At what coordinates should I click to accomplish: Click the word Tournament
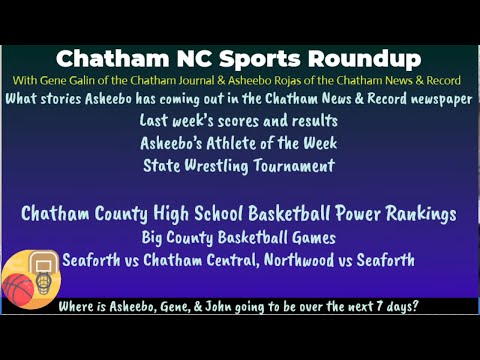(295, 165)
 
